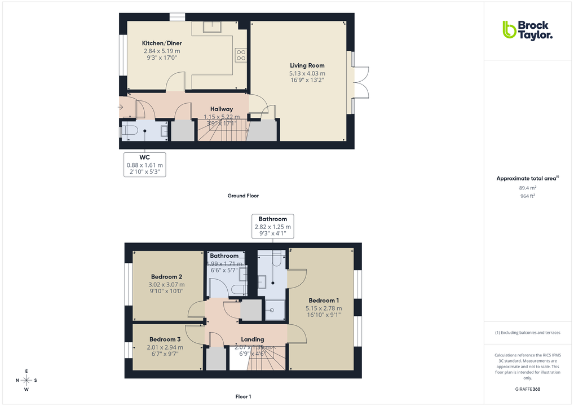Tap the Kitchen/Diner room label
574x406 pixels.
tap(162, 43)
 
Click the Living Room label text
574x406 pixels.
tap(307, 65)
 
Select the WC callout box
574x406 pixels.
tap(145, 165)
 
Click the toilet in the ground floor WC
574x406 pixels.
tap(129, 131)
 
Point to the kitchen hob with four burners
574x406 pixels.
tap(240, 54)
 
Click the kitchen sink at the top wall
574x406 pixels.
tap(215, 27)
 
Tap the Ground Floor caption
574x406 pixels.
tap(243, 196)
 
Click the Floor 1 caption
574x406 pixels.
tap(243, 397)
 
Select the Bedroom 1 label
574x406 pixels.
tap(324, 300)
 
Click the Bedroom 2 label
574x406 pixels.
tap(166, 277)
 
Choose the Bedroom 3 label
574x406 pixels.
tap(165, 339)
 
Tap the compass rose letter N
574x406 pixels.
tap(17, 380)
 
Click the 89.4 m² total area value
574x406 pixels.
tap(527, 188)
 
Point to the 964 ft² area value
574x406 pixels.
tap(527, 196)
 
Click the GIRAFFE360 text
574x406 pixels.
tap(527, 389)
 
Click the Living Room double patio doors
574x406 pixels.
tap(361, 82)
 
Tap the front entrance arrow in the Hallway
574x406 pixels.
tap(121, 107)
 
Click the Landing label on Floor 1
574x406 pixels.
tap(253, 339)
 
